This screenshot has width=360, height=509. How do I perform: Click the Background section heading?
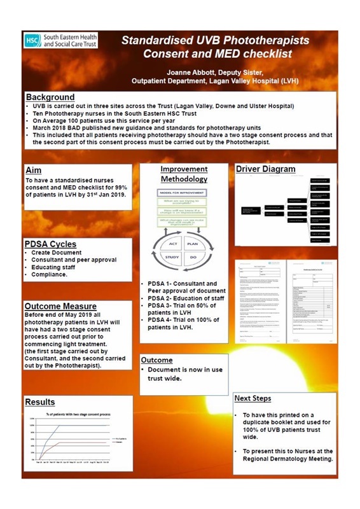[x=50, y=97]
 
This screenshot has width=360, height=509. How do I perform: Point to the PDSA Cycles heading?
[x=50, y=244]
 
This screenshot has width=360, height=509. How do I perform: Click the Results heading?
[x=39, y=402]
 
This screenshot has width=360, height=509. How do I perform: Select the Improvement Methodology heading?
[x=183, y=174]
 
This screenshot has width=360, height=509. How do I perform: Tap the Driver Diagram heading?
[x=265, y=169]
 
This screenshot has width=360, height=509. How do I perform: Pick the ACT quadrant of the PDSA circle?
[x=173, y=244]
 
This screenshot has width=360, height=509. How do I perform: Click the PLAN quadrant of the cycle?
[x=193, y=244]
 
